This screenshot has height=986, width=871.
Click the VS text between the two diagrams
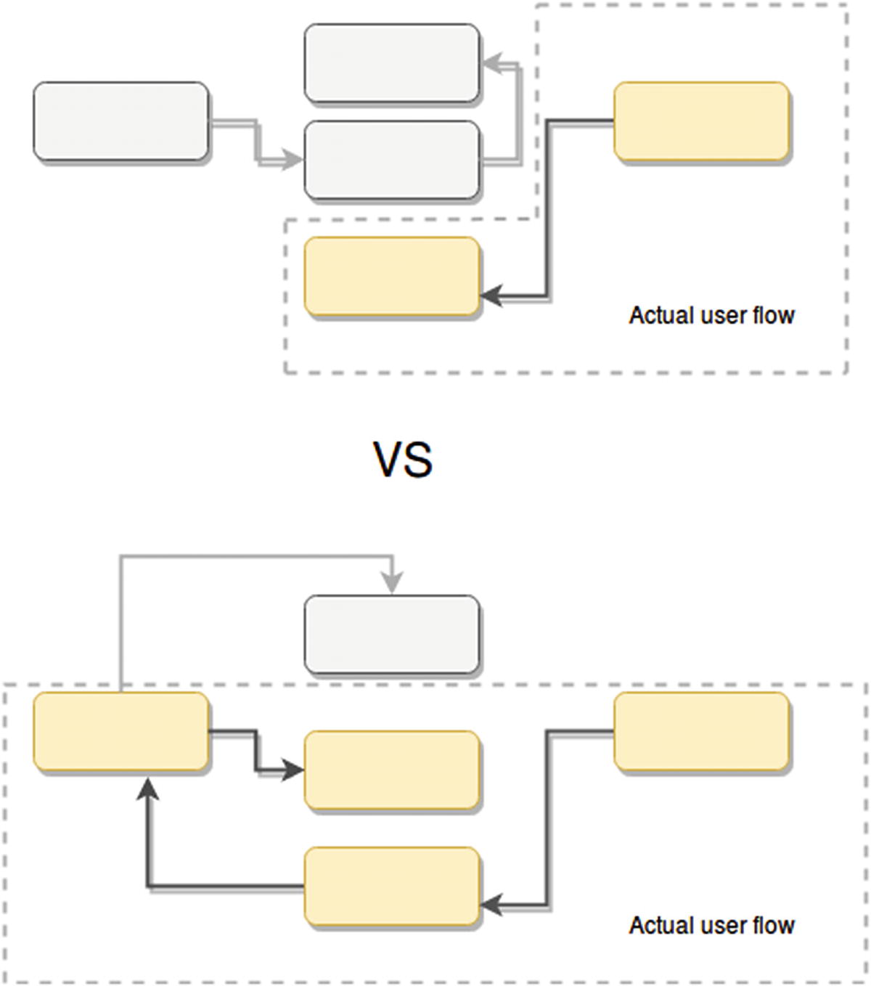403,460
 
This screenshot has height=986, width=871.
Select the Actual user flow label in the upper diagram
711,315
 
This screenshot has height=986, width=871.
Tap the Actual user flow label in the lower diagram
711,925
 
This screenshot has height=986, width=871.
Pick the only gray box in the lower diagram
392,635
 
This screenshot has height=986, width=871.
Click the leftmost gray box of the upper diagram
121,121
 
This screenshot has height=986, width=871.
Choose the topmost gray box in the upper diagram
392,63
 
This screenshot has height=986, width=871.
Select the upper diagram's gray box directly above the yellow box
392,160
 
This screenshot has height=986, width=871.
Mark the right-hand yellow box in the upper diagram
701,121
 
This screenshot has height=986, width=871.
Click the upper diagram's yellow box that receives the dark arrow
392,277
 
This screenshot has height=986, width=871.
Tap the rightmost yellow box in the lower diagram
701,731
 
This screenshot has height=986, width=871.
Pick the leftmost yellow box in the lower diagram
121,731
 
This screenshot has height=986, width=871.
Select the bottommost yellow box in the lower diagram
392,887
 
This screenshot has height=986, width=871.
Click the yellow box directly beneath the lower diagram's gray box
392,770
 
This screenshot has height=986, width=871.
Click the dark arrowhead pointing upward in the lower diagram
148,788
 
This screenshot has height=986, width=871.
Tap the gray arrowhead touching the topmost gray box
491,64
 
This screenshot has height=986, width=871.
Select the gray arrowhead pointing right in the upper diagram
293,160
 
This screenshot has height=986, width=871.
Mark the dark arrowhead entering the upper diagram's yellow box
491,296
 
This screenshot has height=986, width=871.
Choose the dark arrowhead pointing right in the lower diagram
293,770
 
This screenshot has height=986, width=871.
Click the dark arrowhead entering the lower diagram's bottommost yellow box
491,905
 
